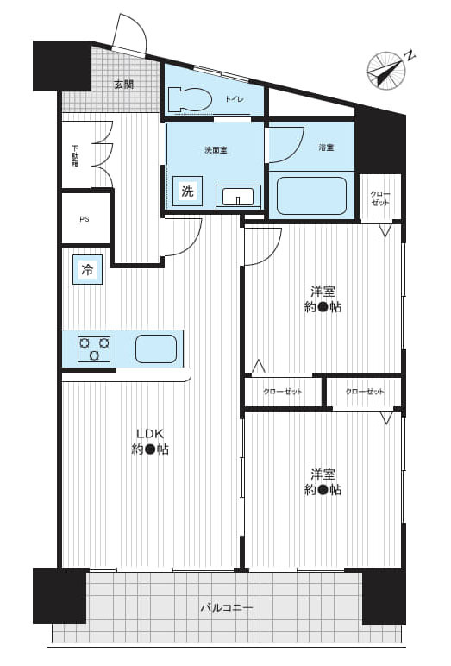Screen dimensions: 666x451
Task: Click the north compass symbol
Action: [x=385, y=70]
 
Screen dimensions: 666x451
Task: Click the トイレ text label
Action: [x=235, y=100]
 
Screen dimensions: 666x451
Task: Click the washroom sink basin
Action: [x=235, y=196]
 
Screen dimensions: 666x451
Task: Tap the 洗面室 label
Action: [x=215, y=150]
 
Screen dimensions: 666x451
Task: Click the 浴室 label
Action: [x=325, y=148]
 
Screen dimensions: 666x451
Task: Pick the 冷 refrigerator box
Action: [x=87, y=270]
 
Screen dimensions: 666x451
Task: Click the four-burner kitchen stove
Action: [x=94, y=349]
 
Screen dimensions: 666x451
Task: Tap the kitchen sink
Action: [x=156, y=349]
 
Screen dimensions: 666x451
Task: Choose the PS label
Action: [x=85, y=218]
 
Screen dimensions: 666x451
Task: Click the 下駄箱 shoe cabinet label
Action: [x=75, y=155]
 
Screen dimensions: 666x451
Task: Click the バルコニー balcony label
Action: [x=227, y=608]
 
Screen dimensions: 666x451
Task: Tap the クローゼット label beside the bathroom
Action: [x=379, y=198]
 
